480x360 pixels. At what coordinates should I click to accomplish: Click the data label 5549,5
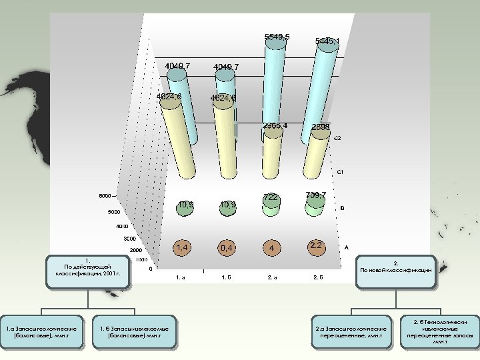[x=277, y=37]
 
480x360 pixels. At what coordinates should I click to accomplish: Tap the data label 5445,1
[x=327, y=41]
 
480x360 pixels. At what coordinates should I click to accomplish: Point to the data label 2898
[x=321, y=127]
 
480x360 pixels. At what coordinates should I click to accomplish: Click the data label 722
[x=271, y=198]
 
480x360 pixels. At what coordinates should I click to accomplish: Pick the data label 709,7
[x=316, y=195]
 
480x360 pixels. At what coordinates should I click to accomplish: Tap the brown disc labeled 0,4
[x=227, y=249]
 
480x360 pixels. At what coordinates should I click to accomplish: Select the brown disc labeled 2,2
[x=315, y=246]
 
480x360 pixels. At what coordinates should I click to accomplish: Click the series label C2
[x=337, y=139]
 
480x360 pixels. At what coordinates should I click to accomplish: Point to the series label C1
[x=340, y=173]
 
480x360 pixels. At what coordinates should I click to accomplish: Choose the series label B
[x=342, y=209]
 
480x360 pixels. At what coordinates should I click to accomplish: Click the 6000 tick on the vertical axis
[x=105, y=196]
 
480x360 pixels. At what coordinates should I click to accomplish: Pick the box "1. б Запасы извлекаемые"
[x=133, y=331]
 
